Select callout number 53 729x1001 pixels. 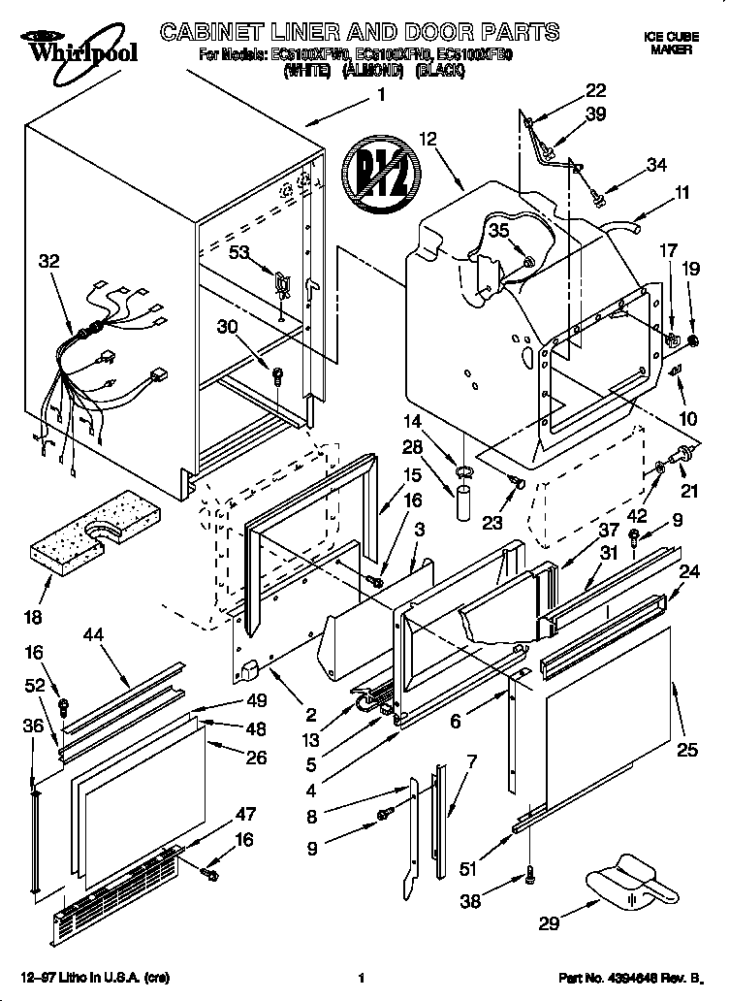pyautogui.click(x=239, y=252)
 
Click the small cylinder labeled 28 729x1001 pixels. pyautogui.click(x=462, y=505)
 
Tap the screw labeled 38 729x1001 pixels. pyautogui.click(x=531, y=874)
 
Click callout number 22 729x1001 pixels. pyautogui.click(x=595, y=91)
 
